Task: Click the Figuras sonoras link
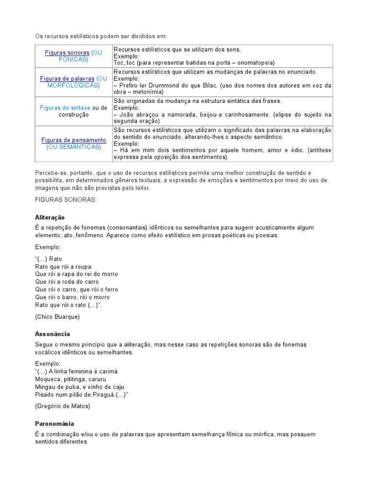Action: (67, 53)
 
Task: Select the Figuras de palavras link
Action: (67, 78)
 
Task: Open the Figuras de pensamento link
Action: (73, 140)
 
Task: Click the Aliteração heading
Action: (50, 217)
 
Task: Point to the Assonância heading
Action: (52, 334)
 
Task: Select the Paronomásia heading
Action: (55, 423)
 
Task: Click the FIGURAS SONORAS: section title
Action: (66, 200)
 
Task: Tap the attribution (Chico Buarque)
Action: (57, 316)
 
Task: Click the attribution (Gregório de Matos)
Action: (62, 406)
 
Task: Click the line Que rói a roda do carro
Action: (67, 282)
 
